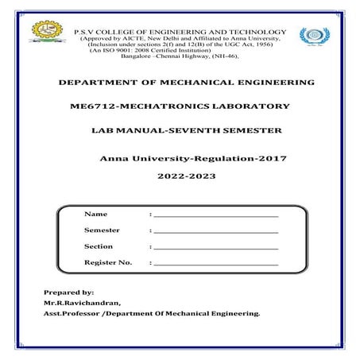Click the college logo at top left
[45, 33]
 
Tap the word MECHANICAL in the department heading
[187, 83]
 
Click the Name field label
[95, 215]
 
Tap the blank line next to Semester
[215, 230]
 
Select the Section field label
[99, 246]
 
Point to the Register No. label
[108, 262]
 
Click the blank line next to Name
[215, 215]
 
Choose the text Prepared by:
[69, 292]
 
